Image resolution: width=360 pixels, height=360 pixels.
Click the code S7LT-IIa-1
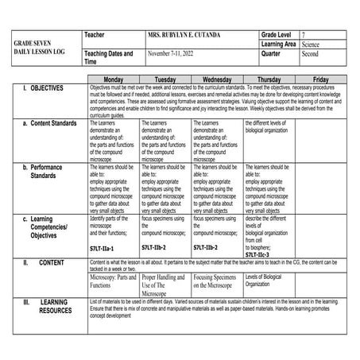pyautogui.click(x=105, y=248)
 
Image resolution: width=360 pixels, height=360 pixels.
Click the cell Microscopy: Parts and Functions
pyautogui.click(x=113, y=281)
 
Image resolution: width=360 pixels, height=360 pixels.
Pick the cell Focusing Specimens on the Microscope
pyautogui.click(x=217, y=281)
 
